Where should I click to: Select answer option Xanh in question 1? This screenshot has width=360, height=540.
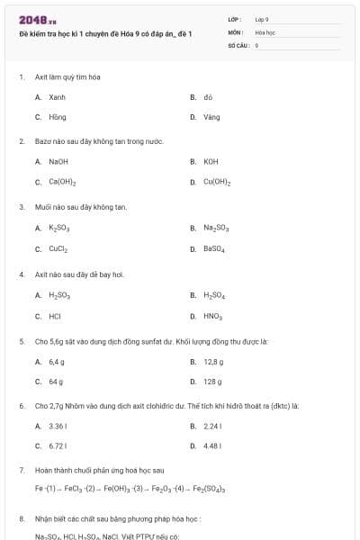pos(57,96)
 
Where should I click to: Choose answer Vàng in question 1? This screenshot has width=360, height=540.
pos(211,116)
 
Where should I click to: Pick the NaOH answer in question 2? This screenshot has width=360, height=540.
pos(58,161)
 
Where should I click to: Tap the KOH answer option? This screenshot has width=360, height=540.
pos(211,161)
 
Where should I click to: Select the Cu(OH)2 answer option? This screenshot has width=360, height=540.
pos(217,182)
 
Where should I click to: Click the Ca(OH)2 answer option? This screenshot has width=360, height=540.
pos(62,182)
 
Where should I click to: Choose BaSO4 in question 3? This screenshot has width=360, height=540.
pos(214,248)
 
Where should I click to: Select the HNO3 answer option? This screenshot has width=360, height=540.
pos(212,316)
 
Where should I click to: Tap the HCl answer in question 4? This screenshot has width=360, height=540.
pos(55,316)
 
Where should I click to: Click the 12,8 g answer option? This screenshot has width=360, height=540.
pos(213,361)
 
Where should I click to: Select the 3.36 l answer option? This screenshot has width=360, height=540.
pos(58,426)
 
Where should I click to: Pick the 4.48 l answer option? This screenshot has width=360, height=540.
pos(212,445)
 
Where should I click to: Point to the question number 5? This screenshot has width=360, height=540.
pos(22,341)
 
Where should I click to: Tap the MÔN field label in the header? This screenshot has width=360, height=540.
pos(236,31)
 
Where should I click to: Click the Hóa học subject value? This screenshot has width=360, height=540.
pos(265,31)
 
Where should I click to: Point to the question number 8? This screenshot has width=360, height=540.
pos(22,518)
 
